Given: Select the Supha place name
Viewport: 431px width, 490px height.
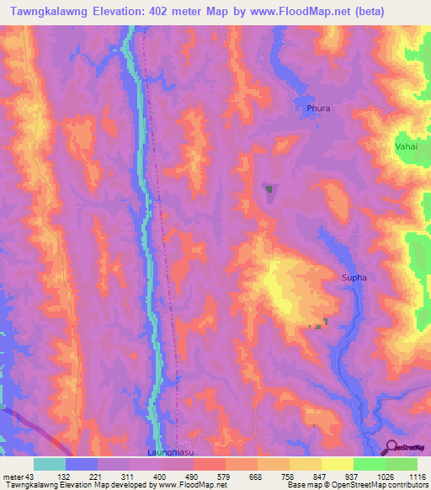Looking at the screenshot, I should coord(354,277).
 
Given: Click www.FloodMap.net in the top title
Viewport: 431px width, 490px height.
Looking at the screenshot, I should coord(312,12).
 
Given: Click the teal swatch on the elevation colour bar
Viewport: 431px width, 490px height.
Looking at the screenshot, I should coord(50,464).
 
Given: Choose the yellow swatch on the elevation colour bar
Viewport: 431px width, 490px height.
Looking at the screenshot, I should coord(338,464).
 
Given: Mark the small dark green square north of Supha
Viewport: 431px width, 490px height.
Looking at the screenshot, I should coord(269,190).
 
